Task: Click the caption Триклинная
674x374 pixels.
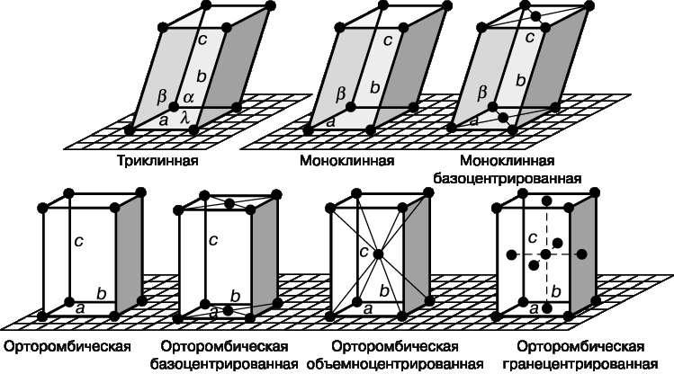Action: click(x=157, y=161)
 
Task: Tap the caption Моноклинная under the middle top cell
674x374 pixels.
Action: click(x=346, y=161)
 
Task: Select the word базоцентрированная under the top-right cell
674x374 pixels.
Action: click(x=508, y=178)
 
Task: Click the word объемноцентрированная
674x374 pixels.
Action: click(x=395, y=364)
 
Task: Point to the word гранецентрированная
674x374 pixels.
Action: click(x=580, y=364)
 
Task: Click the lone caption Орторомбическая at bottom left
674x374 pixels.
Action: click(x=67, y=346)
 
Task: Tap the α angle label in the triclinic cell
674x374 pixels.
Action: click(x=189, y=97)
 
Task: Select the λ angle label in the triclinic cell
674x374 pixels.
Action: click(x=184, y=117)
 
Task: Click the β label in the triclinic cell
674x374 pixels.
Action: click(x=161, y=96)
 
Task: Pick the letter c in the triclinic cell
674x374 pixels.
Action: click(x=202, y=40)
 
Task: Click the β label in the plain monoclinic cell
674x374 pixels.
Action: click(x=340, y=94)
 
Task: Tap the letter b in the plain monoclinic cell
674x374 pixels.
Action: click(x=375, y=87)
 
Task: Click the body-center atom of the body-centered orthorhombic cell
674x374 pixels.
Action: click(x=378, y=254)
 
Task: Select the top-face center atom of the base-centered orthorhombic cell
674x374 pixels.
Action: click(x=229, y=202)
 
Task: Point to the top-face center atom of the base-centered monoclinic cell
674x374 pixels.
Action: click(x=535, y=16)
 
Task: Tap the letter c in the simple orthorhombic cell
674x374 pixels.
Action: click(x=78, y=241)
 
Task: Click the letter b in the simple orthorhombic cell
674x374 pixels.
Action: click(x=102, y=295)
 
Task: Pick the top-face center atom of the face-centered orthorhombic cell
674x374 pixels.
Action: click(x=547, y=201)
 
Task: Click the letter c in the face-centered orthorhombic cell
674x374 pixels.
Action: click(x=533, y=237)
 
